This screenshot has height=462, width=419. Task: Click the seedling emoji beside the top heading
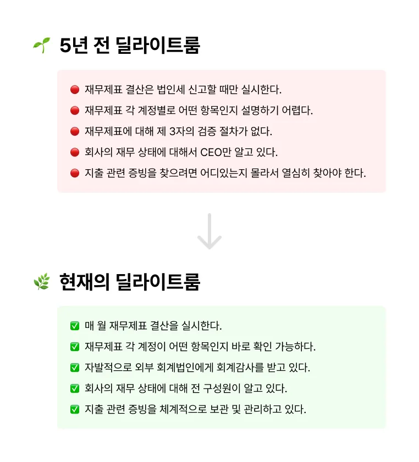[41, 46]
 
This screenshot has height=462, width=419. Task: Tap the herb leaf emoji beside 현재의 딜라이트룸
[41, 282]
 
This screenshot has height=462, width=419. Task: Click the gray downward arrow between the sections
[209, 232]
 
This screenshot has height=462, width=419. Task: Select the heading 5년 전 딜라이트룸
[130, 46]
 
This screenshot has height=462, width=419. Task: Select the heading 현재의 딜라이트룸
[130, 282]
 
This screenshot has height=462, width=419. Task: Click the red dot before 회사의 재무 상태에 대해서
[75, 152]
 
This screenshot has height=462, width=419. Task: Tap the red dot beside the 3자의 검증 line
[75, 131]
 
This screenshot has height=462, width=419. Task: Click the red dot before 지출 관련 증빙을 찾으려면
[75, 173]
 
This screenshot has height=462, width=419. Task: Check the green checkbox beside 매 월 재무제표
[75, 326]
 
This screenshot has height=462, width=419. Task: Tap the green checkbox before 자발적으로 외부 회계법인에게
[75, 368]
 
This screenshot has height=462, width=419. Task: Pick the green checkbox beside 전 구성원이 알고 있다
[75, 388]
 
